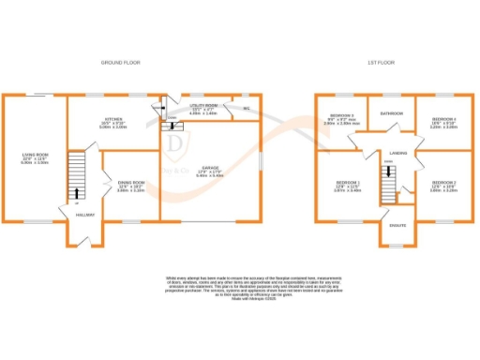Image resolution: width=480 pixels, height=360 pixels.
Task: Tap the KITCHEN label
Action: pyautogui.click(x=113, y=120)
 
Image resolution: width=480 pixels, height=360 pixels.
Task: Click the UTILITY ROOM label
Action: pyautogui.click(x=203, y=107)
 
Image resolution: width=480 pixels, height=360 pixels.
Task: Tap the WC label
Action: pyautogui.click(x=246, y=109)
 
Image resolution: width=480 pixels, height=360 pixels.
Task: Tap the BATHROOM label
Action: pyautogui.click(x=391, y=112)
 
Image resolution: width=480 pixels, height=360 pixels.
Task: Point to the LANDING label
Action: pyautogui.click(x=397, y=151)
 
